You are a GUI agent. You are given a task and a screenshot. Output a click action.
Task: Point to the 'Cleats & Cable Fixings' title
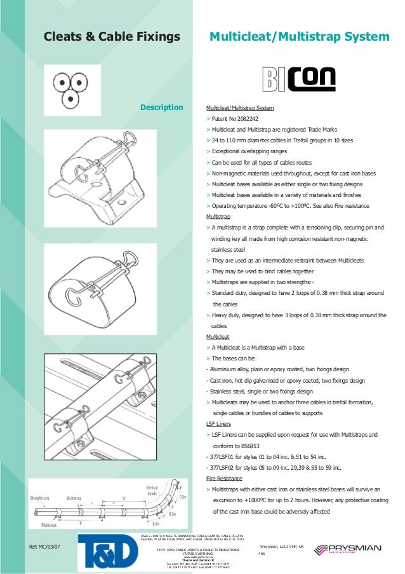pyautogui.click(x=112, y=38)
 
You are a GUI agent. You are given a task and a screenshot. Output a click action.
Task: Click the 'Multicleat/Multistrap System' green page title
pyautogui.click(x=299, y=38)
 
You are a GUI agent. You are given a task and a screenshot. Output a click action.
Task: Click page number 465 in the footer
pyautogui.click(x=260, y=554)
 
